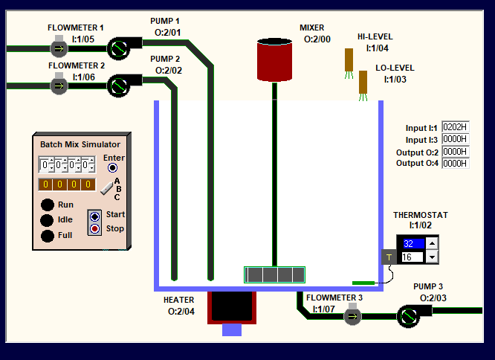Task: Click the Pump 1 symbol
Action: (x=117, y=49)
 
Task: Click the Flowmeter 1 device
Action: (x=59, y=48)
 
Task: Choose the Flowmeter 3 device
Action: (x=352, y=316)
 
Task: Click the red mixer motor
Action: (x=274, y=60)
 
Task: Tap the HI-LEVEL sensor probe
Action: (x=349, y=60)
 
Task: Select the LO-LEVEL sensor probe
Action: (x=363, y=83)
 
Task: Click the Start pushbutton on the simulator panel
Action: (x=94, y=216)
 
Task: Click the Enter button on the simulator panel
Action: (x=112, y=168)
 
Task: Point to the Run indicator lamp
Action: (x=48, y=205)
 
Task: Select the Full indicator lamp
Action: (x=48, y=236)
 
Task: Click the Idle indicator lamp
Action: (x=48, y=220)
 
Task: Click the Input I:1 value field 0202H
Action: (x=455, y=127)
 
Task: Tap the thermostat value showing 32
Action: (x=412, y=243)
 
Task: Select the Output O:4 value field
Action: (x=455, y=163)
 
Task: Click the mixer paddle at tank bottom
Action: (x=275, y=274)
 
